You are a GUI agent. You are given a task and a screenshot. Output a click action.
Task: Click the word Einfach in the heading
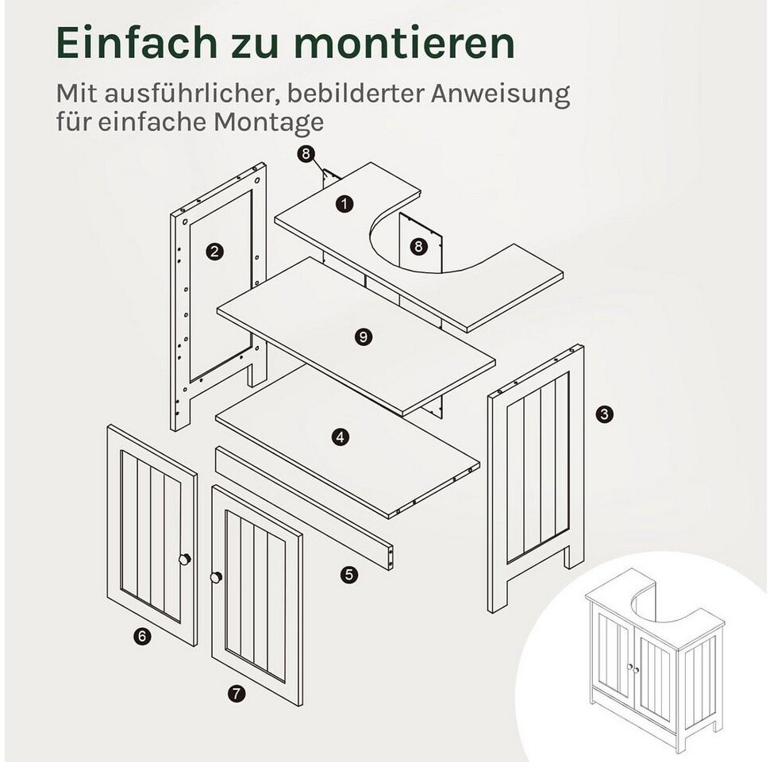(137, 42)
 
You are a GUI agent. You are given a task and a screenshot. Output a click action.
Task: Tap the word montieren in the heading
(406, 43)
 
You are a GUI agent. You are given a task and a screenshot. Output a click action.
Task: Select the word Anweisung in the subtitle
(500, 94)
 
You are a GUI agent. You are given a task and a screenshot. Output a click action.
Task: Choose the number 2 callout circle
(214, 252)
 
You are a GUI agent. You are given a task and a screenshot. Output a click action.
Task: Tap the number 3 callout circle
(605, 414)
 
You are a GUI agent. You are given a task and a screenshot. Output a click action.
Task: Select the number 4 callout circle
(341, 437)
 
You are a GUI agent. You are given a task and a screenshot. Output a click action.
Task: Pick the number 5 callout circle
(349, 575)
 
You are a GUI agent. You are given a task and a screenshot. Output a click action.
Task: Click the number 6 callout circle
(142, 637)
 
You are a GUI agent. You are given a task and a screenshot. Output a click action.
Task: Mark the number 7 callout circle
(237, 693)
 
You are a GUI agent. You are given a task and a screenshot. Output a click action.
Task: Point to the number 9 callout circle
(364, 337)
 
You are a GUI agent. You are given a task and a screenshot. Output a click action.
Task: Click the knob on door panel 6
(185, 560)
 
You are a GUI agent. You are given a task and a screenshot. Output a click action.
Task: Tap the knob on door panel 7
(216, 577)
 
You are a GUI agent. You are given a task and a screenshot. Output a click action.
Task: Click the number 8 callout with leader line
(306, 154)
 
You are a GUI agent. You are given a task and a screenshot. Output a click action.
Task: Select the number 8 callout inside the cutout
(418, 246)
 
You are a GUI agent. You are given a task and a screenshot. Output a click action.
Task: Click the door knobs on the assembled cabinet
(633, 668)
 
